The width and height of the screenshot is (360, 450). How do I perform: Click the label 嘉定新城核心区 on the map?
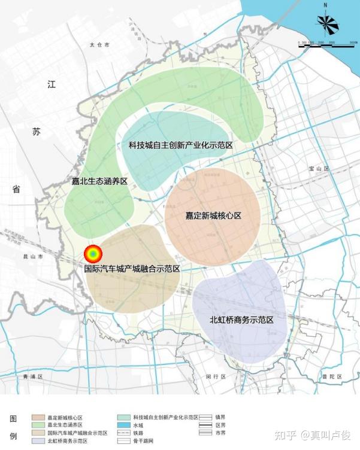click(213, 215)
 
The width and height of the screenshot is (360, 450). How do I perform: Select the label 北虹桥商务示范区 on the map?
click(241, 320)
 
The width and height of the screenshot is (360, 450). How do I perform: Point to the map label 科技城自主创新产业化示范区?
click(180, 145)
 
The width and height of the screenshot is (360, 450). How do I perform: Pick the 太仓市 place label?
click(99, 45)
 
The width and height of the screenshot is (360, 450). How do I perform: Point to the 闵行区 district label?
click(215, 377)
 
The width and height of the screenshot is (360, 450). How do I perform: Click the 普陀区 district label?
click(330, 377)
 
